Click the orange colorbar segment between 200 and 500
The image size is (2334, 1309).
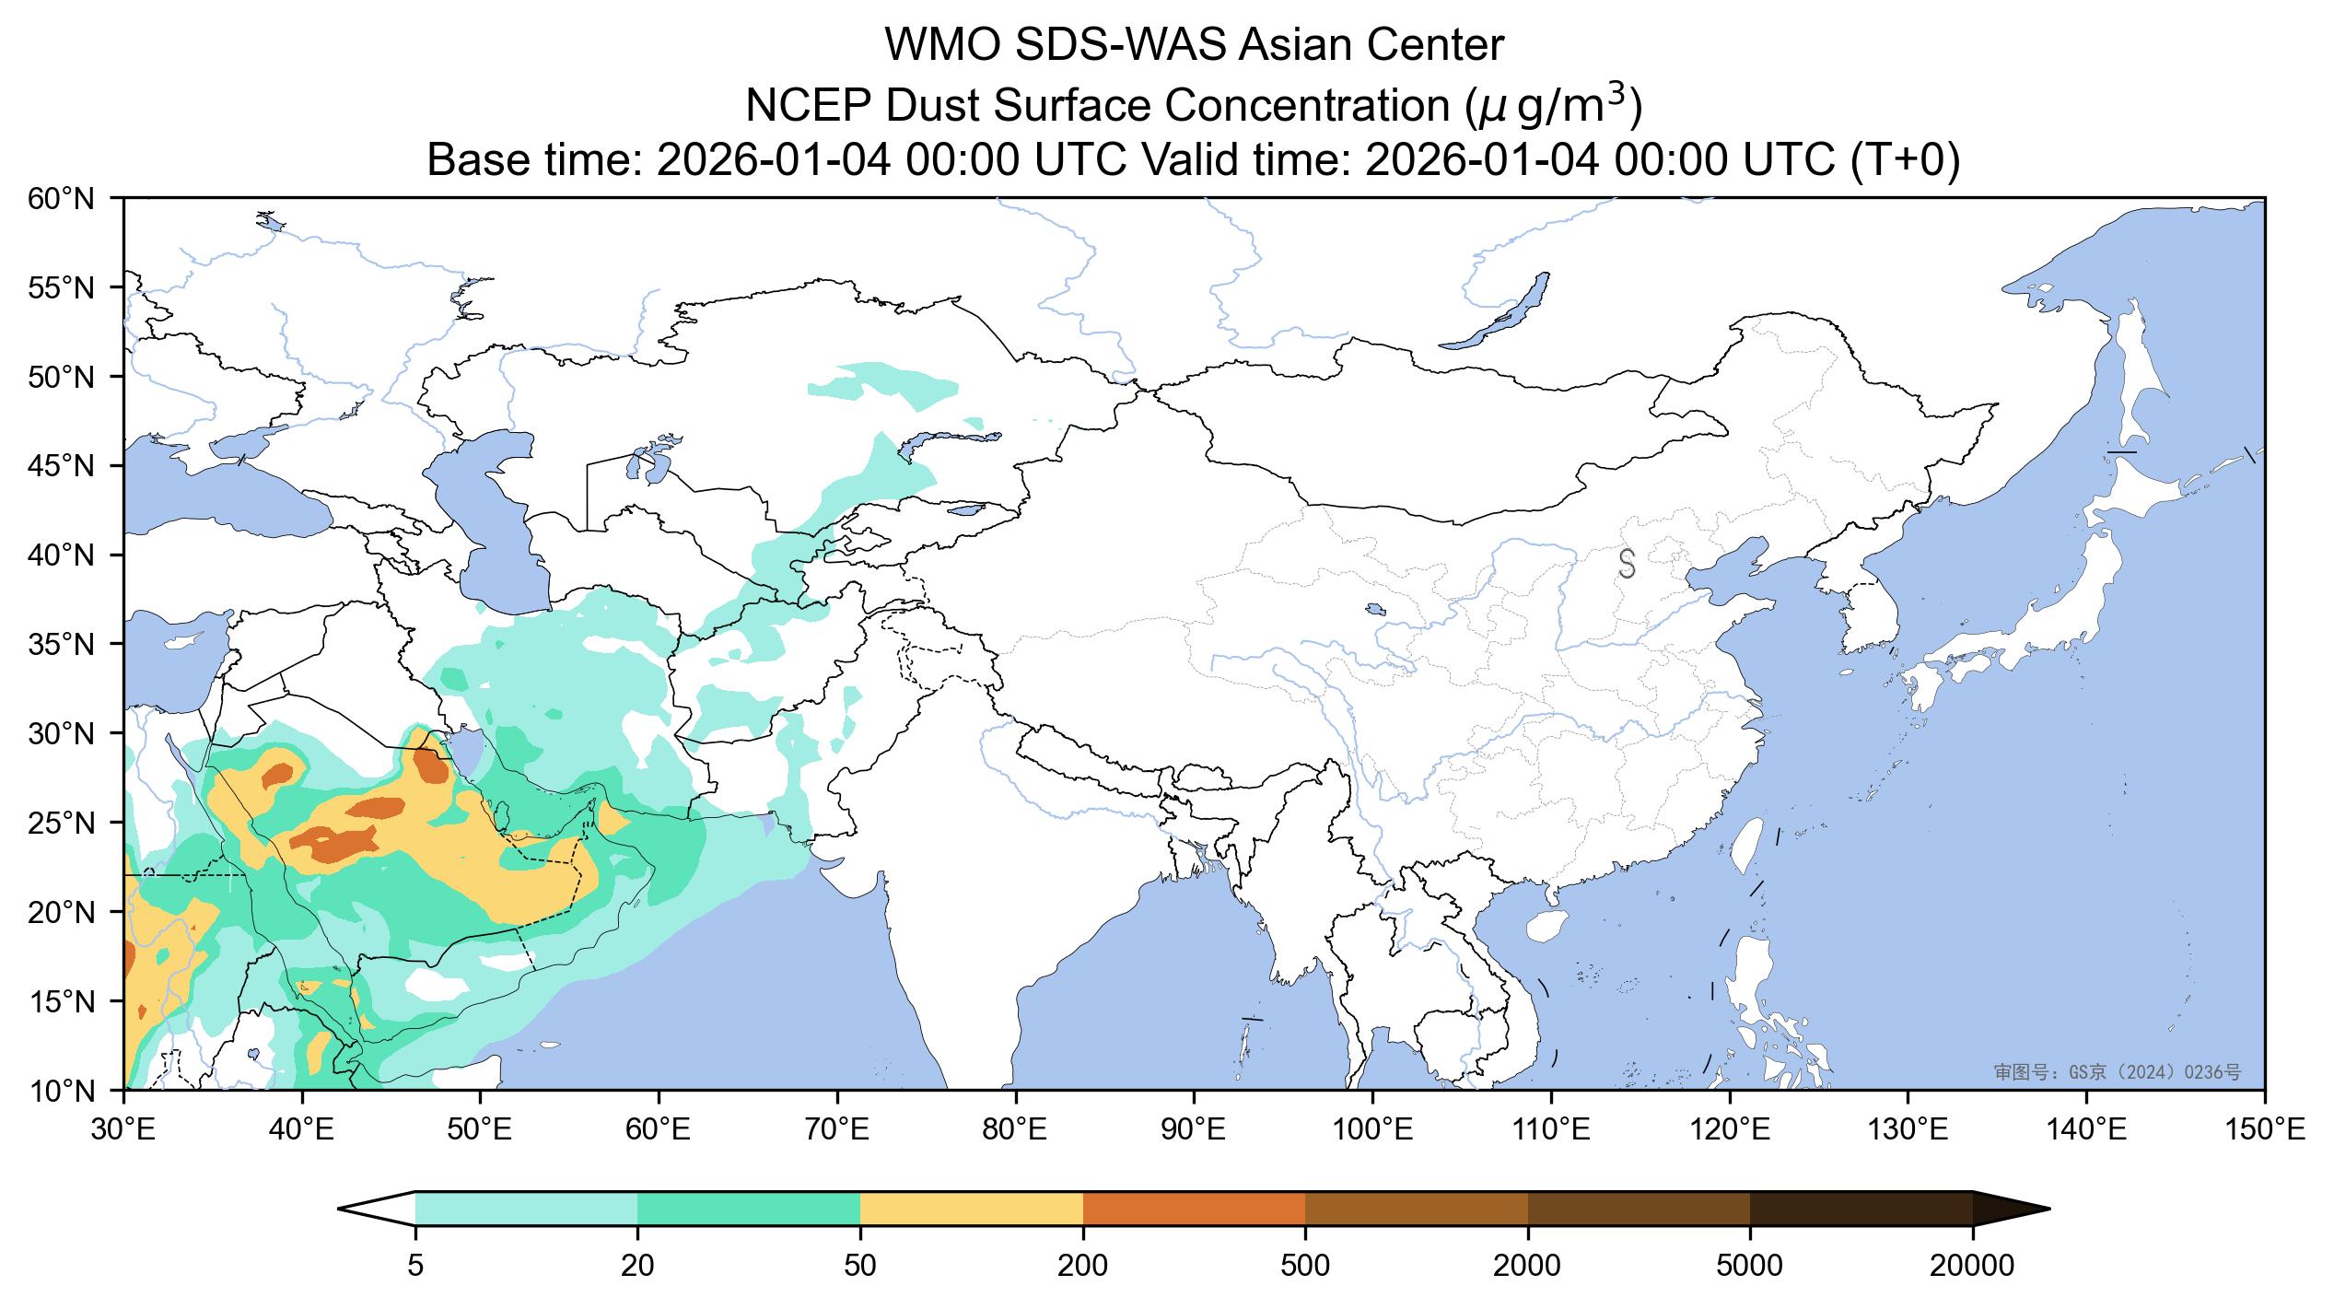[1194, 1209]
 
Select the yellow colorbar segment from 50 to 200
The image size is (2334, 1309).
[971, 1209]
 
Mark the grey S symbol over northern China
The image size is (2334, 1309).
[1627, 564]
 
